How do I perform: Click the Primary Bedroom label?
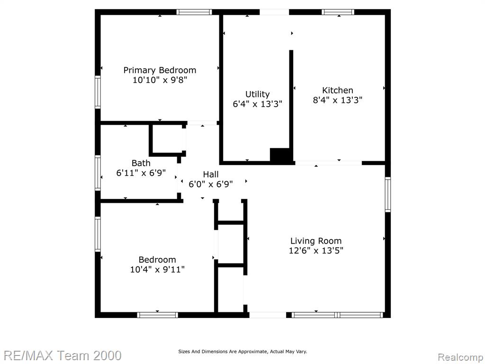[x=160, y=71]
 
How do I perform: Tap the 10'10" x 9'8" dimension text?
[x=160, y=80]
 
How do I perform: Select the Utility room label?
[x=257, y=94]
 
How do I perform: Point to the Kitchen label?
[x=337, y=91]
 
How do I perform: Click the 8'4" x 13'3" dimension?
[x=337, y=100]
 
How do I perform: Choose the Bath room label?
[x=141, y=163]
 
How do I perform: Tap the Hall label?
[x=211, y=174]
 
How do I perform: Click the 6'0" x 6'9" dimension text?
[x=211, y=184]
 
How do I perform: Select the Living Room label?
[x=316, y=241]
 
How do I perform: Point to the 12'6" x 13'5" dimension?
[x=316, y=250]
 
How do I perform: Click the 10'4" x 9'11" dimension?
[x=157, y=270]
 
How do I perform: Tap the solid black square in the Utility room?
[x=280, y=155]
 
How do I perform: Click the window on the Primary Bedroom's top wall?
[x=194, y=12]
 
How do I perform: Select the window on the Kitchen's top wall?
[x=338, y=12]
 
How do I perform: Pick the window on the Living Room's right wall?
[x=388, y=194]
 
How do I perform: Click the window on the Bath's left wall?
[x=98, y=173]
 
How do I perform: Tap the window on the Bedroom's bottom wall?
[x=157, y=315]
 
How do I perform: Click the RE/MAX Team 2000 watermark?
[x=63, y=355]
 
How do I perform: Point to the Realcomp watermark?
[x=460, y=357]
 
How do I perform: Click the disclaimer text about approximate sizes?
[x=242, y=352]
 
